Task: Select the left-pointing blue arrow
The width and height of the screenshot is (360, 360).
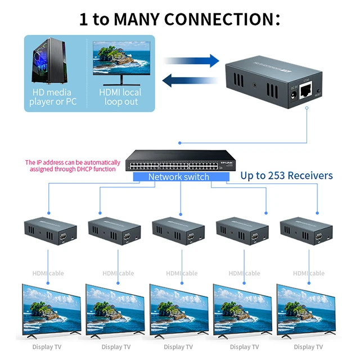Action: click(x=189, y=80)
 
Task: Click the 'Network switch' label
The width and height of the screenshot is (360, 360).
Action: click(x=178, y=177)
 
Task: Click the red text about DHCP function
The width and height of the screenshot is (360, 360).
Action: click(x=73, y=165)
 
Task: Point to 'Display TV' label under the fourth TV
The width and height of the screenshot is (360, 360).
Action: click(x=244, y=347)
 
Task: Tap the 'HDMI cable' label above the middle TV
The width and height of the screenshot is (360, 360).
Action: click(x=182, y=273)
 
